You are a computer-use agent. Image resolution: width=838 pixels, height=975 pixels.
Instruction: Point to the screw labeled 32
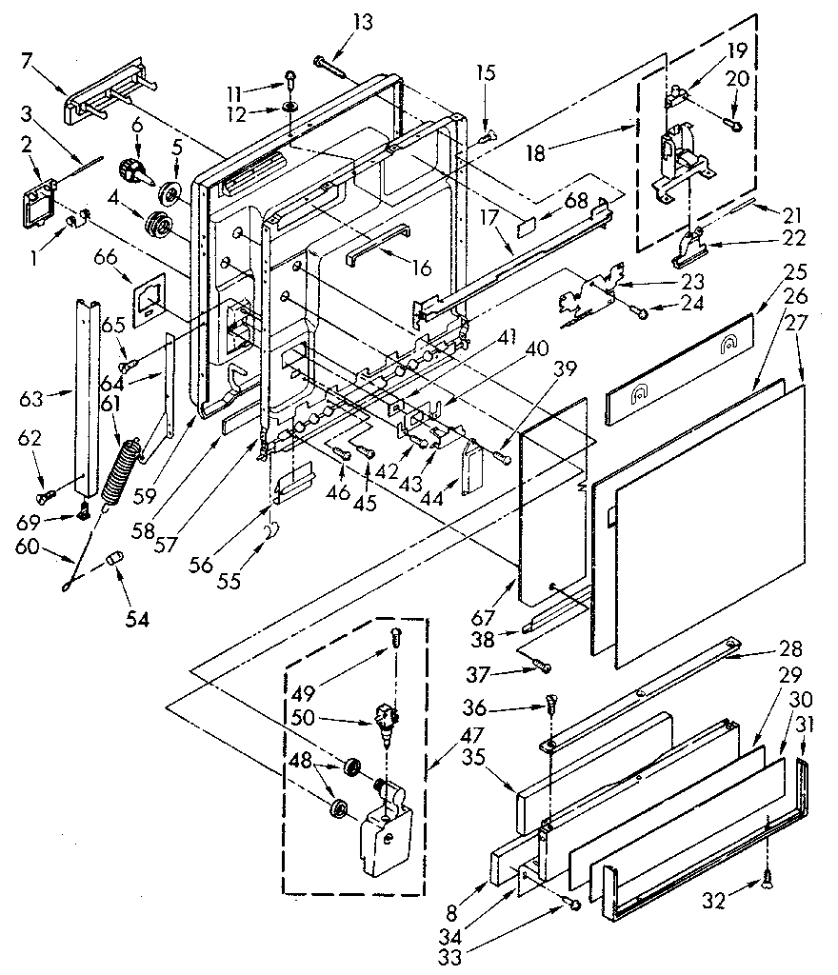click(x=768, y=883)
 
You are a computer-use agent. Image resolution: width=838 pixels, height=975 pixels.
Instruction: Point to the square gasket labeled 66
click(x=149, y=302)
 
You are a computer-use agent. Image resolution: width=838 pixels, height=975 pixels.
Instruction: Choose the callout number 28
click(x=789, y=649)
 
